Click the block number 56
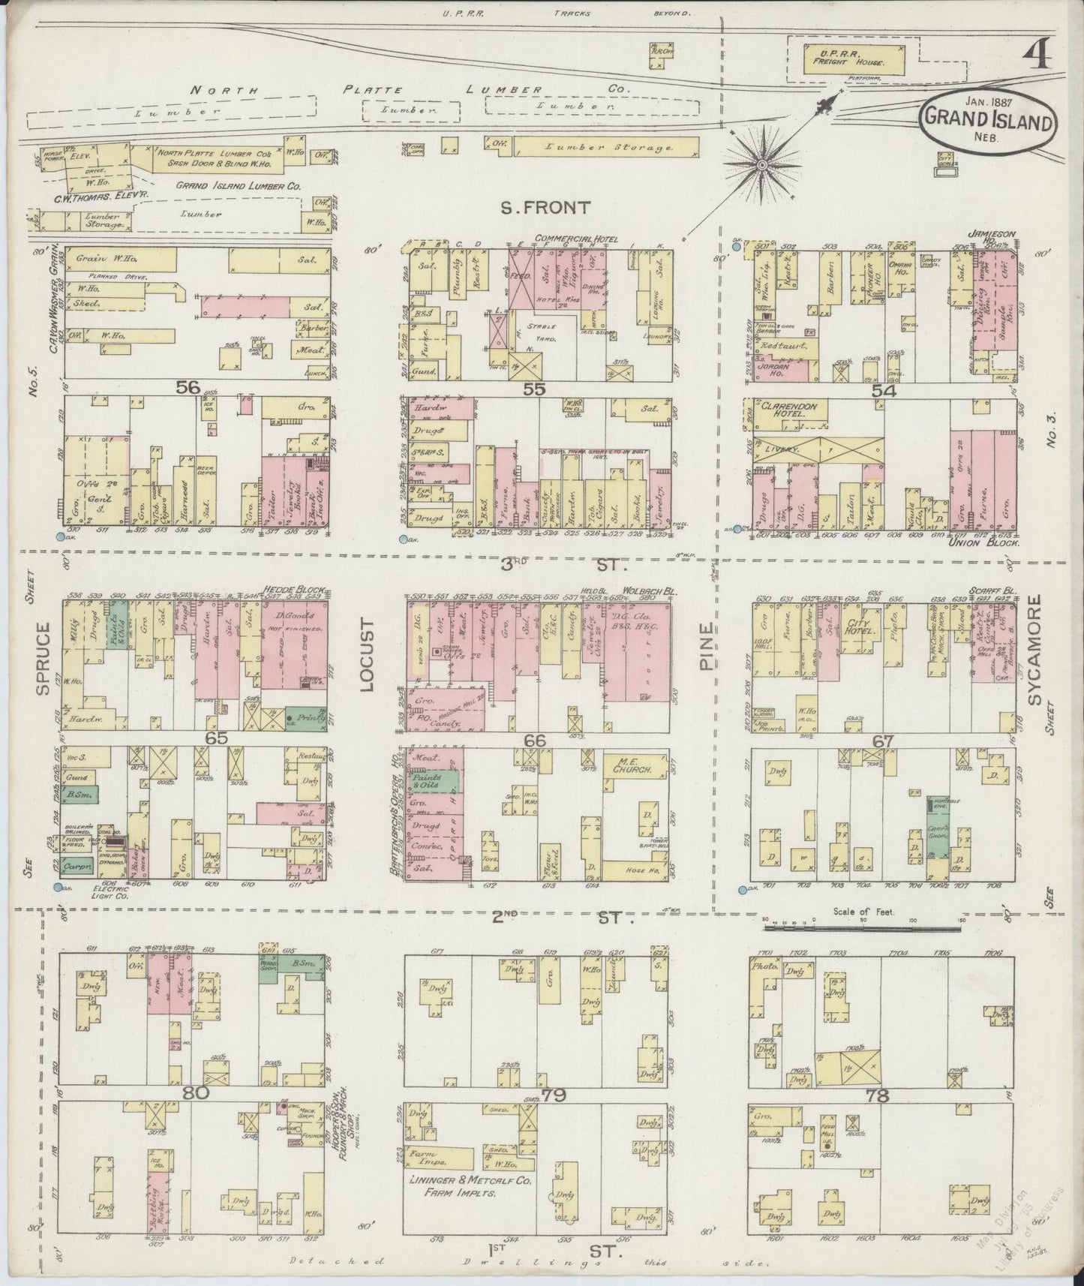coord(188,388)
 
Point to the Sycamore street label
coord(1035,650)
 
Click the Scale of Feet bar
coord(863,929)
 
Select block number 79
coord(553,1095)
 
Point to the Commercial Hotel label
coord(576,239)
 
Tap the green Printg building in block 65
coord(306,718)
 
